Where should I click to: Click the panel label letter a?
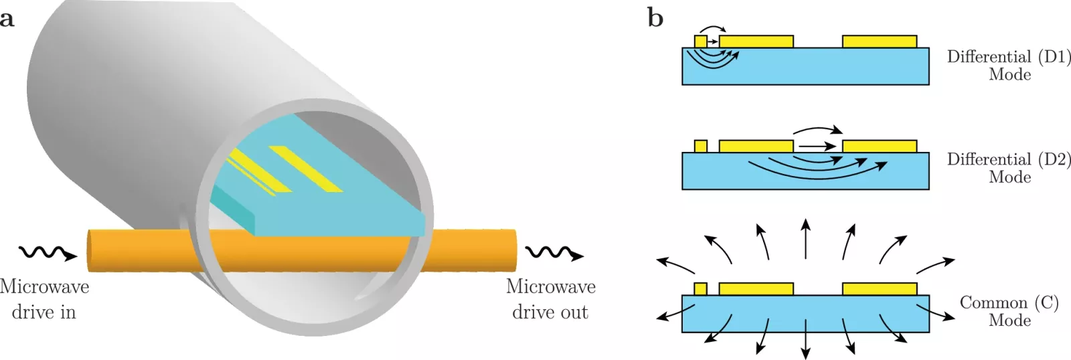(x=7, y=19)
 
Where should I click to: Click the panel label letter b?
(x=655, y=17)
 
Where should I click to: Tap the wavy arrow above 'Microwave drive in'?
(x=48, y=253)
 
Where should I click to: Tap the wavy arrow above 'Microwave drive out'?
(x=555, y=253)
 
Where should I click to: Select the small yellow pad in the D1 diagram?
(x=700, y=41)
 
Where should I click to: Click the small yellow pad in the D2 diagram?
(x=700, y=147)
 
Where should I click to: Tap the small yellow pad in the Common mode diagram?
(x=700, y=289)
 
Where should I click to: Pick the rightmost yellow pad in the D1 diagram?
(x=880, y=41)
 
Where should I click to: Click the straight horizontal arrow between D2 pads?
(x=817, y=146)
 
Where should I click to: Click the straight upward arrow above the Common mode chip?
(x=806, y=239)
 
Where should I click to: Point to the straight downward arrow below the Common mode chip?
(x=806, y=339)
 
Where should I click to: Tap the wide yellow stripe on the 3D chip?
(x=306, y=169)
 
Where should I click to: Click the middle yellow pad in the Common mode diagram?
(x=756, y=289)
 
